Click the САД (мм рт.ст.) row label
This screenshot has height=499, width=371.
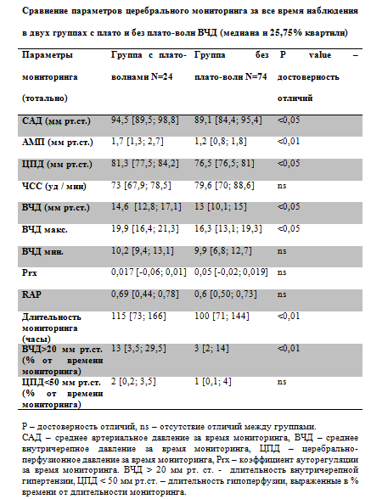56,121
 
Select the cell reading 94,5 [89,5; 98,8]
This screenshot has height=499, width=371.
145,121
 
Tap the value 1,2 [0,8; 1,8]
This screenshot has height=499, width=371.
221,142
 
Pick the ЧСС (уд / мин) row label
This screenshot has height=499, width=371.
54,186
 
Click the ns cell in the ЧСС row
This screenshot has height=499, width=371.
282,186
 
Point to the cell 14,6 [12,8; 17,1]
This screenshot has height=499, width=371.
146,207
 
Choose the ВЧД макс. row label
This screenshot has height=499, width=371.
45,229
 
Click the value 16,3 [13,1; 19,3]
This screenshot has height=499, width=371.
228,229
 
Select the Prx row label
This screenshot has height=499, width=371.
30,272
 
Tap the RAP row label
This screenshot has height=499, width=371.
31,294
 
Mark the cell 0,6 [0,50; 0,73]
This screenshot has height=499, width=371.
226,294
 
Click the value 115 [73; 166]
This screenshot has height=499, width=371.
138,316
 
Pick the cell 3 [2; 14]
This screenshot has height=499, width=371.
211,349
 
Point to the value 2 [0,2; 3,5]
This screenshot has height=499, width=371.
133,381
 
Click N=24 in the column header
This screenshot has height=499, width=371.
162,76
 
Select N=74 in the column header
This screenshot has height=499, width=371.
256,76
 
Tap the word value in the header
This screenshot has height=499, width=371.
320,55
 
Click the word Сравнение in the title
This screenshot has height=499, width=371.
45,11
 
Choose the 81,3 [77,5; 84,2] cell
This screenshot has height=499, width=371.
145,164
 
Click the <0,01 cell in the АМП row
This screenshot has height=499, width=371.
289,141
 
